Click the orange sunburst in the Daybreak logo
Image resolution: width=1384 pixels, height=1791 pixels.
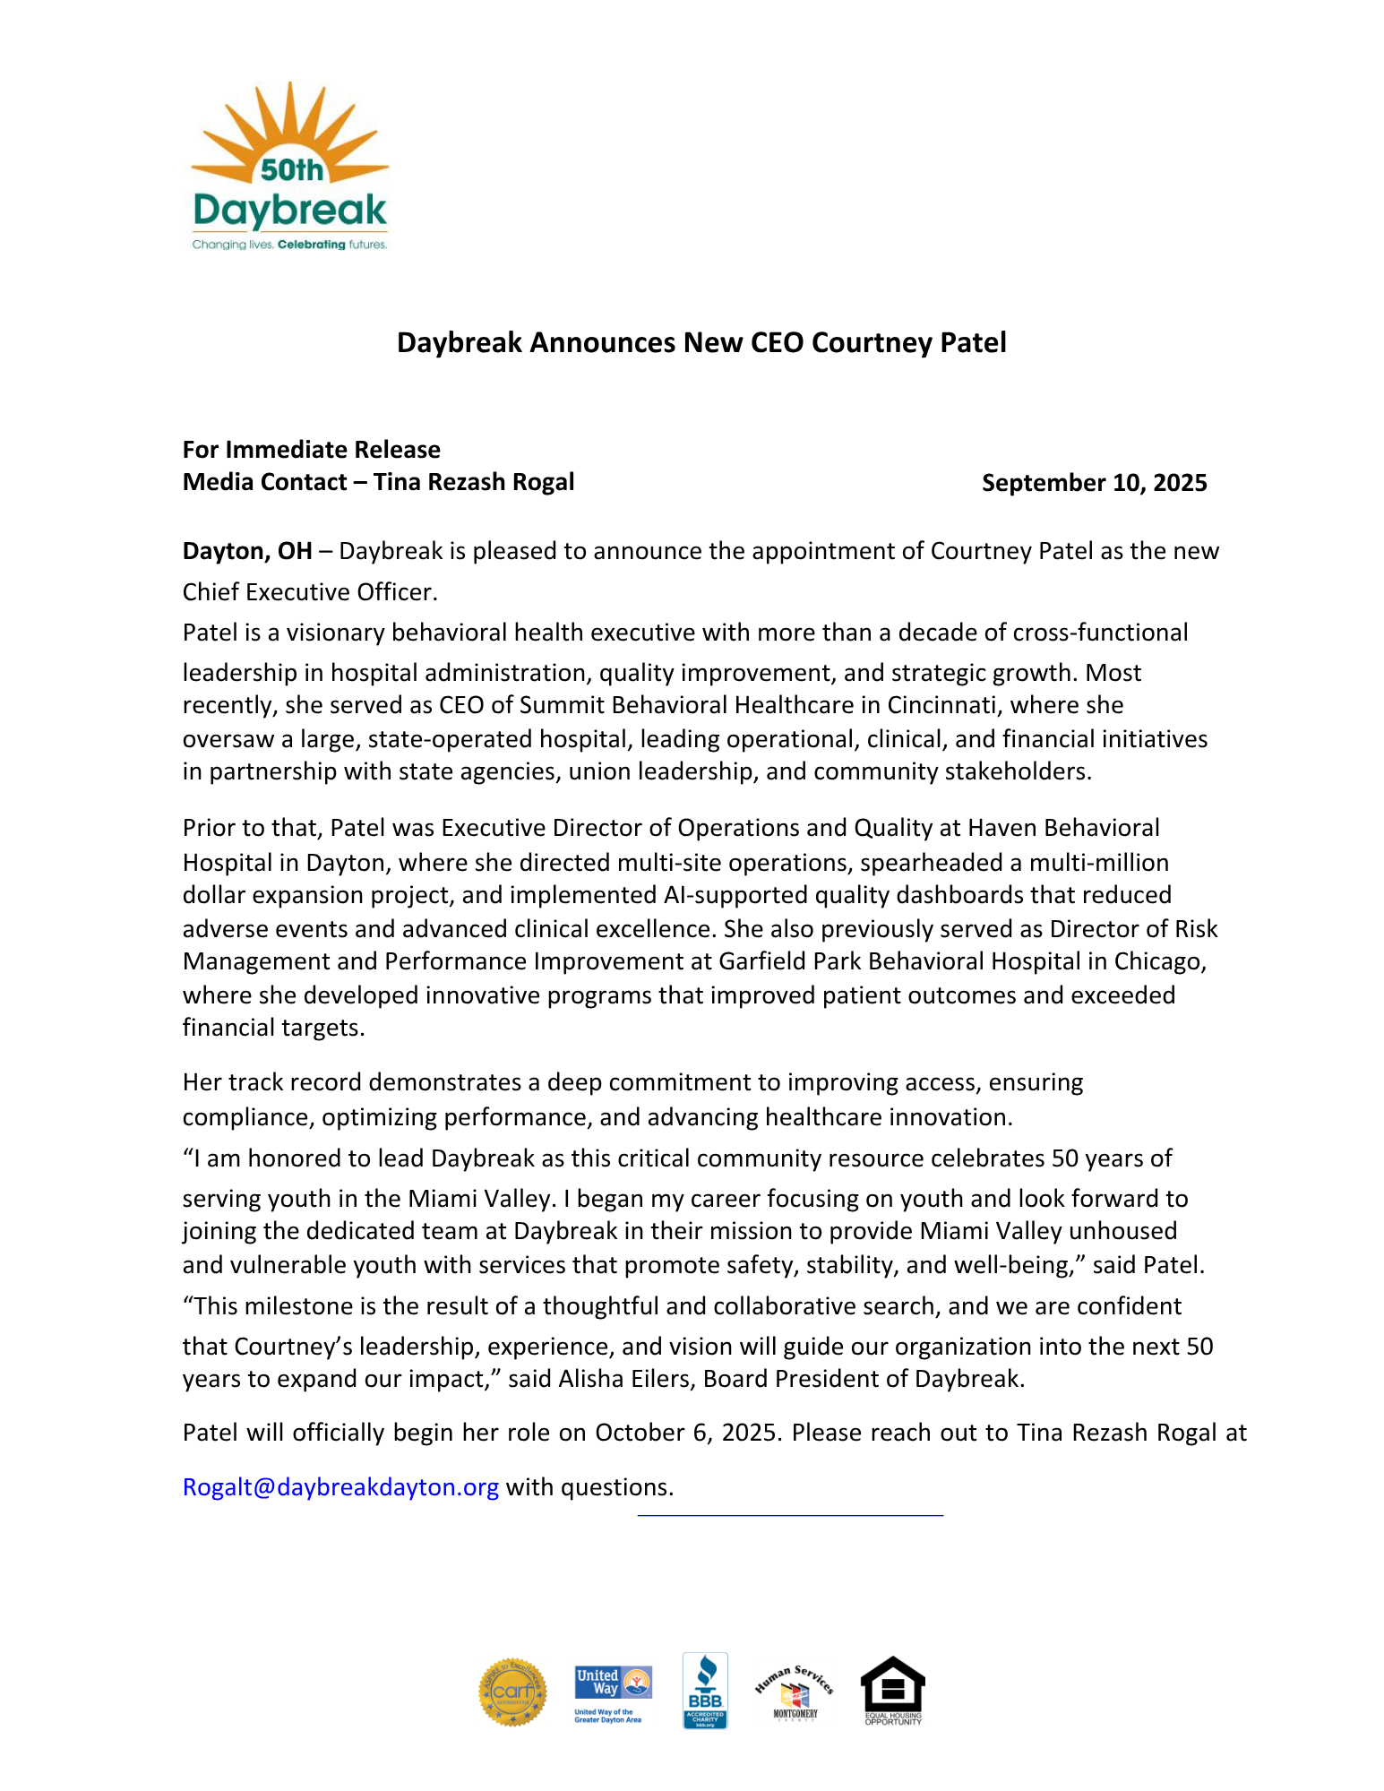click(288, 125)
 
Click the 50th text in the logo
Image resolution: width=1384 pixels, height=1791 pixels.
click(291, 169)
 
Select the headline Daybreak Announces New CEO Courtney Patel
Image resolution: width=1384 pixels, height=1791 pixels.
click(701, 342)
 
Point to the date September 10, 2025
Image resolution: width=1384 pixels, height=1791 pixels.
click(1094, 483)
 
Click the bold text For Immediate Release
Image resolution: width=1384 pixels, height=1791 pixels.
click(312, 449)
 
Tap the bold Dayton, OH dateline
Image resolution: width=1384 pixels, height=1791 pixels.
click(247, 551)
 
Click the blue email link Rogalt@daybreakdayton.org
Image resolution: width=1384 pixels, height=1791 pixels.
click(340, 1487)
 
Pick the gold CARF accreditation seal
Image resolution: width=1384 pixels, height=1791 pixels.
click(512, 1692)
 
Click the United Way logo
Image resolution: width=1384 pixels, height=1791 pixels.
click(613, 1692)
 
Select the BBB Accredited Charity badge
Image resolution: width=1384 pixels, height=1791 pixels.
click(705, 1691)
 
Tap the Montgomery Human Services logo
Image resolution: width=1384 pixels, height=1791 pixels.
click(795, 1692)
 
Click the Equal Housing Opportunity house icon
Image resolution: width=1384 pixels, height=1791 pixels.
click(892, 1690)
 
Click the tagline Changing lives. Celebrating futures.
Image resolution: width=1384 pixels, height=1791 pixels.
click(289, 245)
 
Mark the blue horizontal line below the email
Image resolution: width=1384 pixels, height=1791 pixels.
click(790, 1515)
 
